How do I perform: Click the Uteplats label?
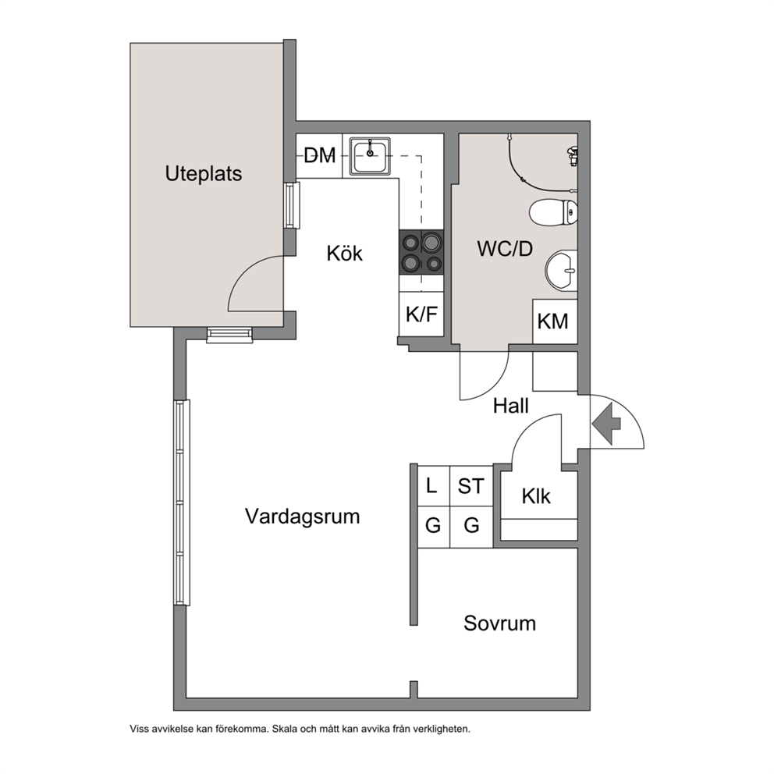204,174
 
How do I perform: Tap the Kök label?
345,254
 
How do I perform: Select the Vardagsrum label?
302,517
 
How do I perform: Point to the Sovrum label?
499,623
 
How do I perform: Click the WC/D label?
505,249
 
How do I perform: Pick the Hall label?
511,406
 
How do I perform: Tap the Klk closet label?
536,496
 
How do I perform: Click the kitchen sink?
370,156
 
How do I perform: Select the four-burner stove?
421,253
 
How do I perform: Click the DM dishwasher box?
319,155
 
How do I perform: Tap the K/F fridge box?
421,314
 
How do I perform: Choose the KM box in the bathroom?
555,321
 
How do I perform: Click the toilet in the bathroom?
553,213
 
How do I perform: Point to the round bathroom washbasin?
561,271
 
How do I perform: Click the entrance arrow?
606,423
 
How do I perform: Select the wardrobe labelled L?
433,486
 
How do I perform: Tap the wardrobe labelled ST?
471,486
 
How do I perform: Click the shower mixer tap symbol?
572,155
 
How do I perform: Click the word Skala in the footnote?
285,729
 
